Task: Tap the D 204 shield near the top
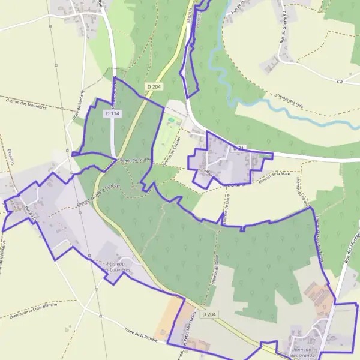tap(154, 87)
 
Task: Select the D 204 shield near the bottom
tap(209, 314)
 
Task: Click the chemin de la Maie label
tap(274, 177)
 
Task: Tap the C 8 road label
tap(340, 81)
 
